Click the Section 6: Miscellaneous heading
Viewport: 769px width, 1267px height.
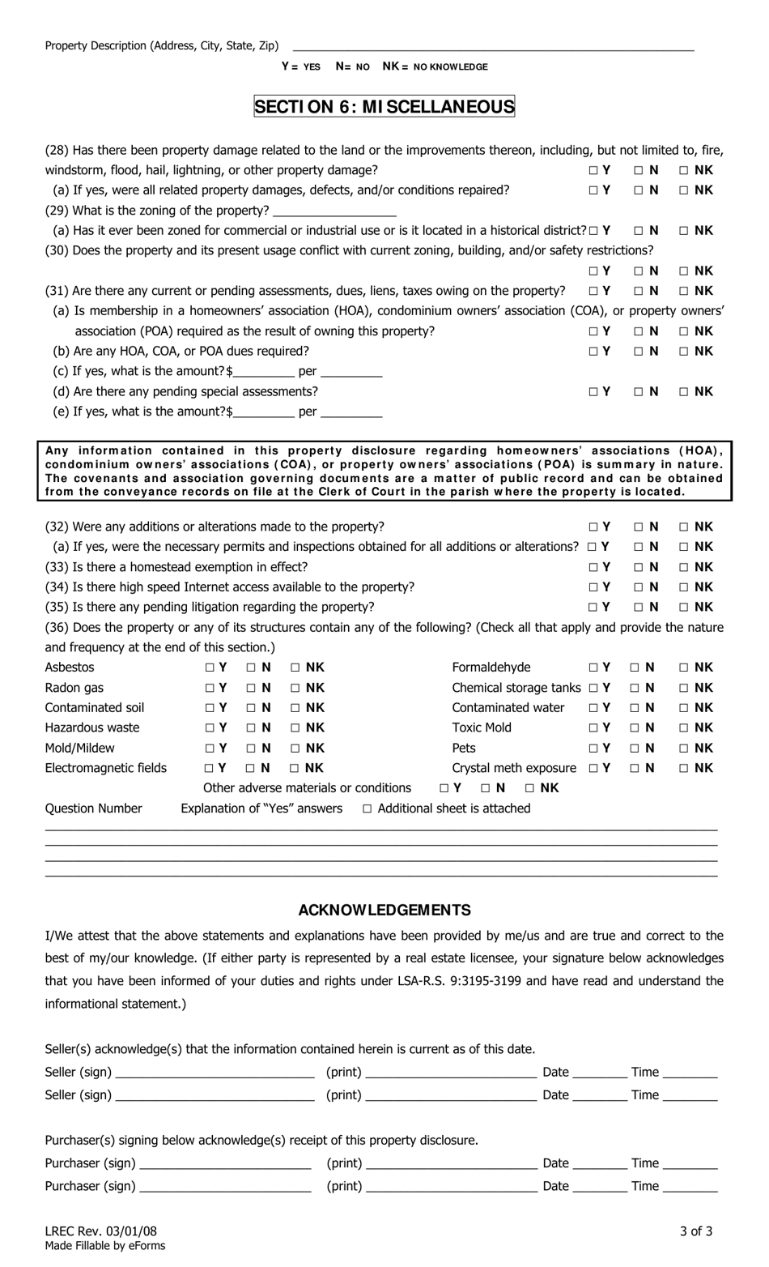(384, 106)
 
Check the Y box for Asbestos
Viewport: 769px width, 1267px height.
(210, 668)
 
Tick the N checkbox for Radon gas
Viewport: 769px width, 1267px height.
(251, 688)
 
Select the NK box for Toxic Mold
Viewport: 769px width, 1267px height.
(684, 727)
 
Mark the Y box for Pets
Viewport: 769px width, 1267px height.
(594, 748)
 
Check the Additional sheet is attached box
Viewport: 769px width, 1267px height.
(368, 808)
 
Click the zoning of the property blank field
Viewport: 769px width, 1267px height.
(334, 211)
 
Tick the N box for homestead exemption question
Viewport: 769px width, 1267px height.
(639, 567)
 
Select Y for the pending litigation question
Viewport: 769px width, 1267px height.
(594, 607)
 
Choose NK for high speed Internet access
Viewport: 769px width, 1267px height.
(684, 587)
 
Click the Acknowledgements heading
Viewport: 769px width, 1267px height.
(384, 910)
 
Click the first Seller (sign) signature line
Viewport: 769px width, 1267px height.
(215, 1073)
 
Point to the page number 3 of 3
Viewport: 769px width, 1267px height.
(696, 1231)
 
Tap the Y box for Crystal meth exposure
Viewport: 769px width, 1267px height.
(594, 768)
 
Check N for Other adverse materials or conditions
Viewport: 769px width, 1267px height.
(486, 788)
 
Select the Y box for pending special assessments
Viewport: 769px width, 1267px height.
(594, 392)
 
